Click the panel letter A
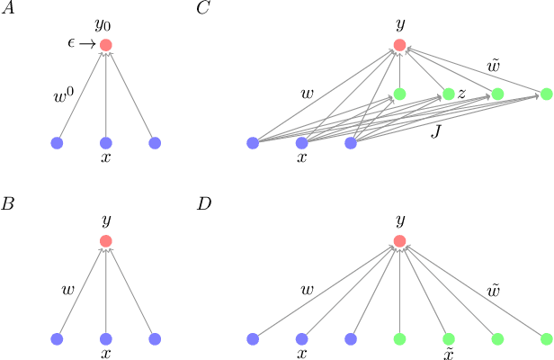pyautogui.click(x=8, y=11)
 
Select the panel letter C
pyautogui.click(x=204, y=11)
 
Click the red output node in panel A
pyautogui.click(x=106, y=45)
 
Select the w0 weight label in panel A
pyautogui.click(x=64, y=92)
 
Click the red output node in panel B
pyautogui.click(x=106, y=240)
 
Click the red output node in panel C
pyautogui.click(x=400, y=45)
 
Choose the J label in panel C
pyautogui.click(x=436, y=132)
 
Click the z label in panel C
pyautogui.click(x=461, y=93)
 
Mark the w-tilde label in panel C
pyautogui.click(x=494, y=66)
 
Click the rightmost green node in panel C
pyautogui.click(x=546, y=94)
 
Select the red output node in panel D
pyautogui.click(x=400, y=240)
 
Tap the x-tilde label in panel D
pyautogui.click(x=449, y=354)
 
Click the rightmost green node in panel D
pyautogui.click(x=546, y=338)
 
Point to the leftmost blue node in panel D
pyautogui.click(x=253, y=338)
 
